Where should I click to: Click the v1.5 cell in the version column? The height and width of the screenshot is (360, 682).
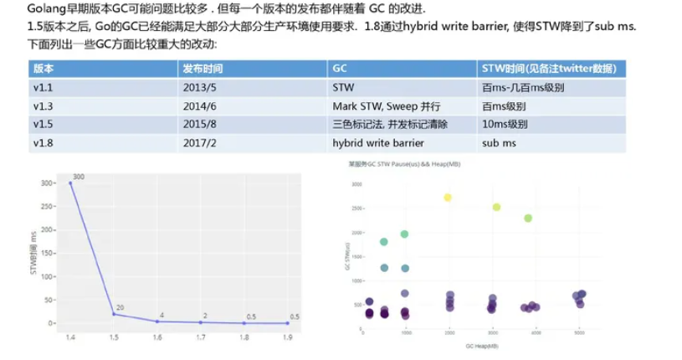point(42,124)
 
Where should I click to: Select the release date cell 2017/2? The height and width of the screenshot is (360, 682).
point(198,142)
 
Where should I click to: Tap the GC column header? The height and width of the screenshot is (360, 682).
point(340,68)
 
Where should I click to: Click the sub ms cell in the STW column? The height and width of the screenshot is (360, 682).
point(499,142)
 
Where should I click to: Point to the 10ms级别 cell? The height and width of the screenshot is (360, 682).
point(505,124)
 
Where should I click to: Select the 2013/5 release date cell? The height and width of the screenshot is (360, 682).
point(198,88)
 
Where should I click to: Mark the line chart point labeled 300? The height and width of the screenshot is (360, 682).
point(70,183)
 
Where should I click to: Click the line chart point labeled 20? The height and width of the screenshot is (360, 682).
point(114,314)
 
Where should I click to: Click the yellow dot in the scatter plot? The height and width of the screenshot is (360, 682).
point(448,198)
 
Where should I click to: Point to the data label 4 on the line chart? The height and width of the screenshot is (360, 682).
point(162,315)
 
